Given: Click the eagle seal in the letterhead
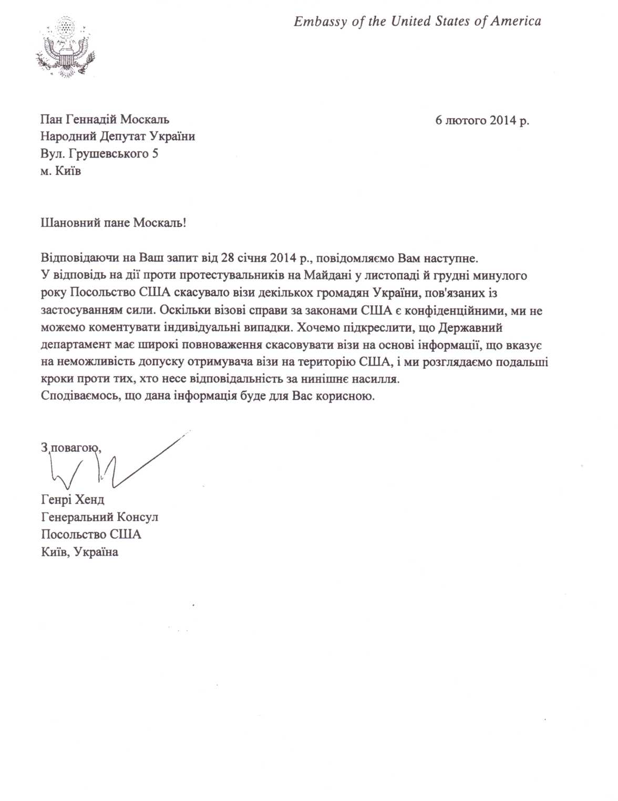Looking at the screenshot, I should [x=65, y=48].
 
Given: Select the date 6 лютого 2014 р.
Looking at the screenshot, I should [x=482, y=120].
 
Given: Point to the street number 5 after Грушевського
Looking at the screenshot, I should [x=155, y=154].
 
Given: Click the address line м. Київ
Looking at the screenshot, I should [x=61, y=171].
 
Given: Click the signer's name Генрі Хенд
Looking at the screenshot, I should [x=73, y=500].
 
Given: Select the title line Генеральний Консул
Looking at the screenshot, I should [x=100, y=517].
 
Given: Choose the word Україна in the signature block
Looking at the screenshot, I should [x=96, y=552].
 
